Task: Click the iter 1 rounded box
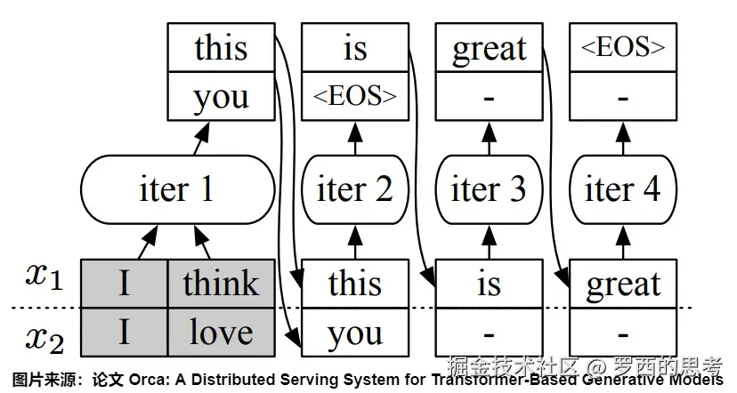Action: [x=177, y=189]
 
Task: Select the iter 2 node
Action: [x=354, y=189]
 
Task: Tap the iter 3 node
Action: [x=489, y=189]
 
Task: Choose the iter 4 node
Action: [x=622, y=189]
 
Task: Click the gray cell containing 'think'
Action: [x=221, y=284]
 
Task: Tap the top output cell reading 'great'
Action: [x=489, y=48]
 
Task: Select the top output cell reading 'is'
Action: [x=354, y=48]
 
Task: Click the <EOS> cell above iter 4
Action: [x=622, y=48]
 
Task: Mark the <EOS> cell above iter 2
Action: [x=354, y=96]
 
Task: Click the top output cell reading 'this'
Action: [x=220, y=48]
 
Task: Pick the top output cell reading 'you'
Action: [x=220, y=96]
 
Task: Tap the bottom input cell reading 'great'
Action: [x=622, y=284]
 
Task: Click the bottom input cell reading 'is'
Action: [x=489, y=284]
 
